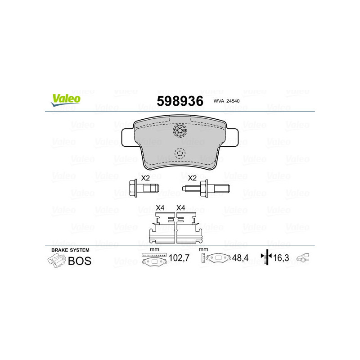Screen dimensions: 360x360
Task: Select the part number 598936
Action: pyautogui.click(x=180, y=101)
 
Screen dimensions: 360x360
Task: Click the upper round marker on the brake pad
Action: pyautogui.click(x=180, y=131)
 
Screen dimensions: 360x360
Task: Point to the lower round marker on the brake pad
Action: pyautogui.click(x=180, y=153)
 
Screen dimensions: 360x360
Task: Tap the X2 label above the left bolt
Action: pyautogui.click(x=145, y=178)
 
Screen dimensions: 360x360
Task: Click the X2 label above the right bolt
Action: pyautogui.click(x=192, y=178)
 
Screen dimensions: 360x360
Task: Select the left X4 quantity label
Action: pyautogui.click(x=160, y=207)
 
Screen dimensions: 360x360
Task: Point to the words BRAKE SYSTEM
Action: pyautogui.click(x=70, y=250)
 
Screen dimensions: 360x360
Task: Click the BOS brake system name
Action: pyautogui.click(x=79, y=261)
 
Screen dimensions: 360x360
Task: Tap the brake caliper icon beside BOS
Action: pyautogui.click(x=56, y=261)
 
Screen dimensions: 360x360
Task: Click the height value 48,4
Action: pyautogui.click(x=239, y=258)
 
